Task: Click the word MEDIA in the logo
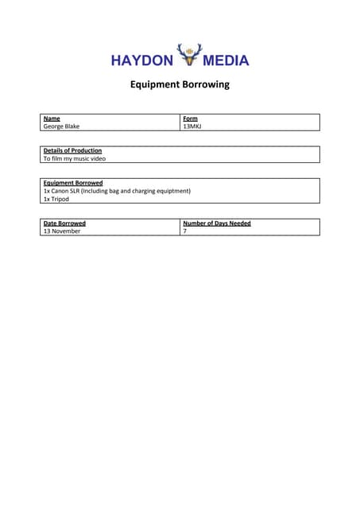[226, 60]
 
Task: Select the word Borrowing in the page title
[208, 85]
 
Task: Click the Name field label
[52, 119]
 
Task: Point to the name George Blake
[61, 126]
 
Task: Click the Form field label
[190, 119]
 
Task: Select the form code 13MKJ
[192, 126]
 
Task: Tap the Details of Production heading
[72, 150]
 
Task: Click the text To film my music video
[74, 158]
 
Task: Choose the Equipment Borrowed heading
[72, 183]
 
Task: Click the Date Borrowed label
[64, 223]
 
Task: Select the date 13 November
[62, 231]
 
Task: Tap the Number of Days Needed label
[216, 223]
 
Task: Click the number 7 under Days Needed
[185, 231]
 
